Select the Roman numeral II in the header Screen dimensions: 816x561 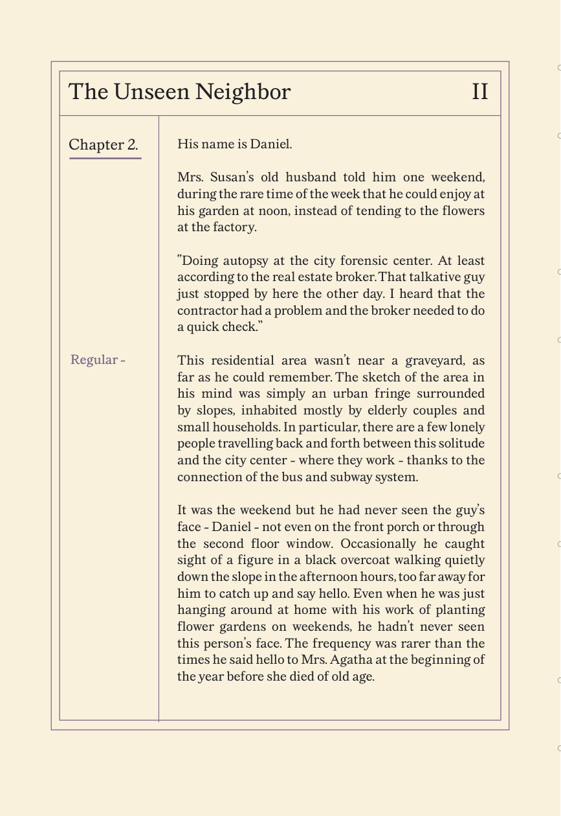click(479, 92)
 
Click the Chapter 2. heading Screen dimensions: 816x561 click(104, 144)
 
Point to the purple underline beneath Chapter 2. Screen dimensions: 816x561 click(105, 157)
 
